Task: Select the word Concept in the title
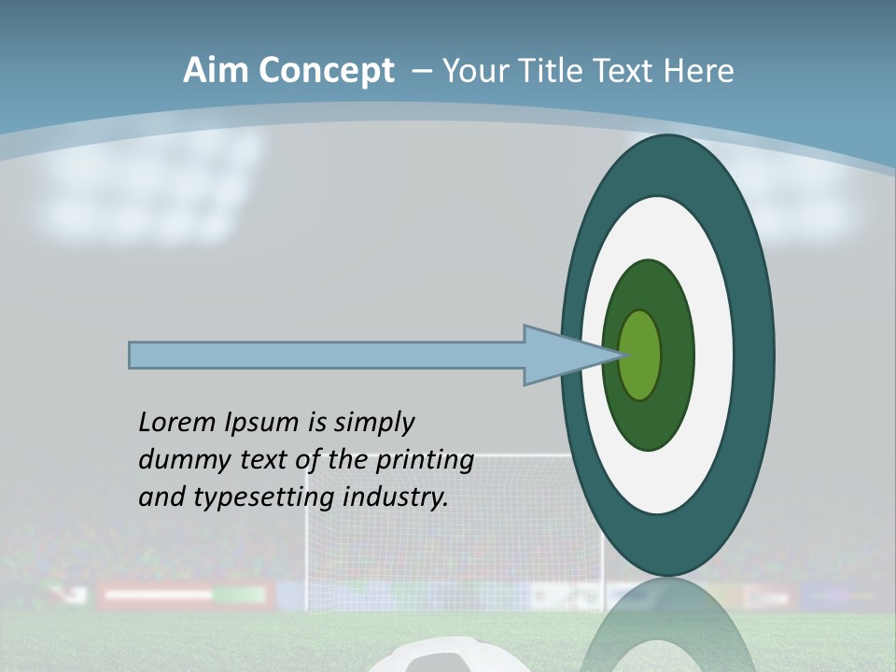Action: coord(328,71)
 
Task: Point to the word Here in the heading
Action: coord(698,71)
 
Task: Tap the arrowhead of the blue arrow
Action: coord(560,355)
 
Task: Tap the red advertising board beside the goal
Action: coord(159,595)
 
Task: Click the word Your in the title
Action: coord(476,71)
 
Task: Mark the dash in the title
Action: coord(421,72)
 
